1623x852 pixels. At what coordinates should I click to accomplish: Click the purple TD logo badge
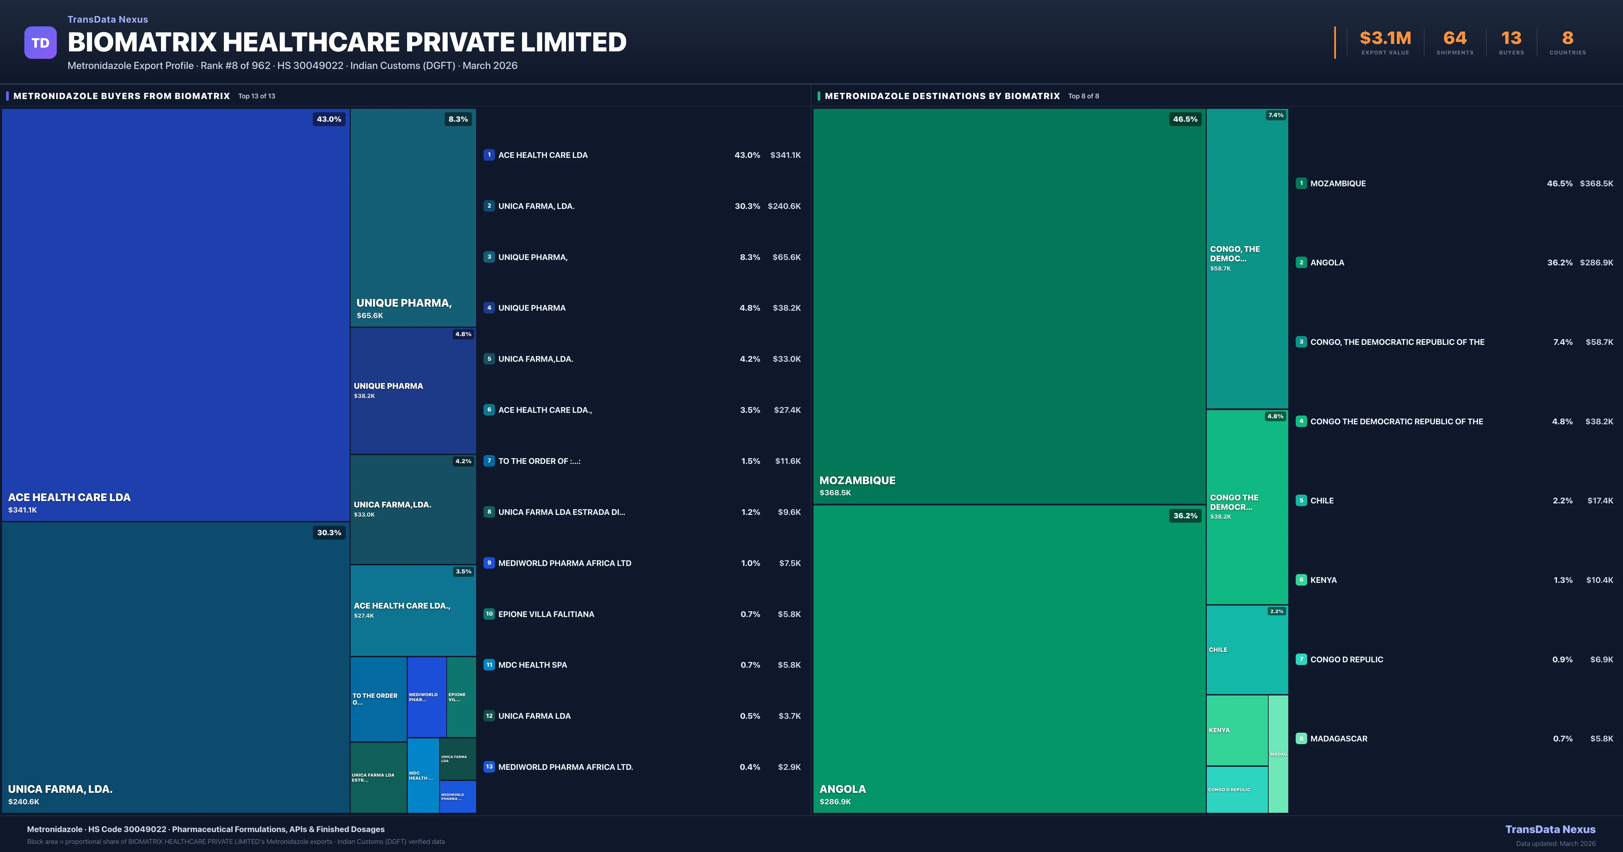40,43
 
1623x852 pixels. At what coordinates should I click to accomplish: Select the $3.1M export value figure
1385,39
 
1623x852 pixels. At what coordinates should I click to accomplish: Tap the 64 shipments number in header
1454,39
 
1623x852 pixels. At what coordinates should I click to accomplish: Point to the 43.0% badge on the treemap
329,119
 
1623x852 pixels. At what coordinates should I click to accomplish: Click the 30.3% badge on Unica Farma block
329,532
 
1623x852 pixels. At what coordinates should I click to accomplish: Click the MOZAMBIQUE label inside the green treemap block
857,480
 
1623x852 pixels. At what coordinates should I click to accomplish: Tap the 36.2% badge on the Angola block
1184,516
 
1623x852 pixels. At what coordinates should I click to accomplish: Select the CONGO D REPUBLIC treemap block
1236,789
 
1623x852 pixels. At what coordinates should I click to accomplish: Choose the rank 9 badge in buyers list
489,563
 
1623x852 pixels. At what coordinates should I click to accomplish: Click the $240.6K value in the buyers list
784,206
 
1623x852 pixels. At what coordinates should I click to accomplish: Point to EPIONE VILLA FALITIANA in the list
546,614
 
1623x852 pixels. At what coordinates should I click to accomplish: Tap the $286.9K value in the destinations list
1596,263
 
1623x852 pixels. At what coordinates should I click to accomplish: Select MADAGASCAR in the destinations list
1338,738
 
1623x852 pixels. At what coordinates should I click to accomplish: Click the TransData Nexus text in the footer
1550,829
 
